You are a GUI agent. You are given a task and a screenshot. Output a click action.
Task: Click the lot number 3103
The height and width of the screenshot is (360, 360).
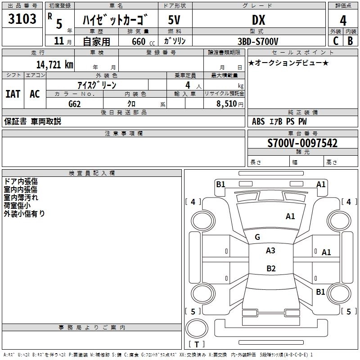pyautogui.click(x=22, y=19)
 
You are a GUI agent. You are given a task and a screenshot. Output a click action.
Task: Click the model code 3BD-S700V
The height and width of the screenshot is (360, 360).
pyautogui.click(x=259, y=41)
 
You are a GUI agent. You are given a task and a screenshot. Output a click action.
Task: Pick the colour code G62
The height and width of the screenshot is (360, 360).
pyautogui.click(x=74, y=103)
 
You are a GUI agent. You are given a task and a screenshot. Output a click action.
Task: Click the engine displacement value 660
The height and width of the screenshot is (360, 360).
pyautogui.click(x=138, y=41)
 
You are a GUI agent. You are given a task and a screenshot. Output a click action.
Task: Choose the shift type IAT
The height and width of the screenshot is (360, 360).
pyautogui.click(x=13, y=94)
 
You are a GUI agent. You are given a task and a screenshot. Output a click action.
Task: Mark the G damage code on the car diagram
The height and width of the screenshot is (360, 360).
pyautogui.click(x=257, y=237)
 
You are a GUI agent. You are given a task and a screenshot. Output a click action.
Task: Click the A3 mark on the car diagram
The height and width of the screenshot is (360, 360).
pyautogui.click(x=270, y=251)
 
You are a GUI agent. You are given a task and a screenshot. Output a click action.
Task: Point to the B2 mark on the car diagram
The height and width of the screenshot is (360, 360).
pyautogui.click(x=271, y=269)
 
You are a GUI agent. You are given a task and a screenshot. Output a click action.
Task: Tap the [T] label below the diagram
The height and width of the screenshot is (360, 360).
pyautogui.click(x=197, y=345)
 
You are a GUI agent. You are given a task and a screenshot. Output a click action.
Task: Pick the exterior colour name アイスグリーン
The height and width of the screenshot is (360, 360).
pyautogui.click(x=97, y=85)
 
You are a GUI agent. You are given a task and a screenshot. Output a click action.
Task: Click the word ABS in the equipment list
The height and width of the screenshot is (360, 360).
pyautogui.click(x=258, y=121)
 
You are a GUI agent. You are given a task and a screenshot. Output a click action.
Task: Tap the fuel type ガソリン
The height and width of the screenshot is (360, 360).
pyautogui.click(x=175, y=41)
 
